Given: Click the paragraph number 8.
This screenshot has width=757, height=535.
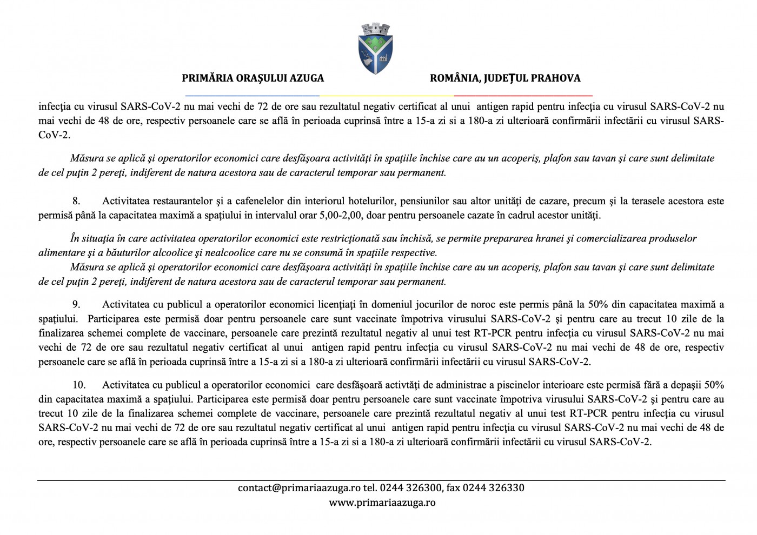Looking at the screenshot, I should [76, 201].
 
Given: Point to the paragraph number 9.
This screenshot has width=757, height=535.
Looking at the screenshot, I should [76, 305].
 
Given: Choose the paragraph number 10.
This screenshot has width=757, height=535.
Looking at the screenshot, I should [79, 385].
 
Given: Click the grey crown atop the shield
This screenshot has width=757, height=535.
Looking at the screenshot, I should [376, 28].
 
